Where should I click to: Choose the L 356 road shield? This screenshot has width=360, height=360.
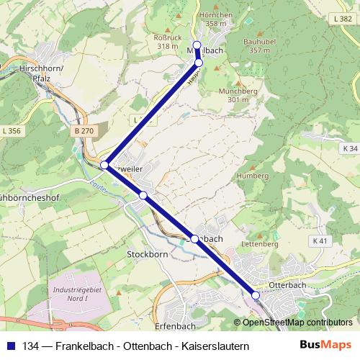pyautogui.click(x=12, y=130)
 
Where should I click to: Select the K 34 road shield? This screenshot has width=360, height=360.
pyautogui.click(x=348, y=148)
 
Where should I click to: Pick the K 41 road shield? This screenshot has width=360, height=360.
pyautogui.click(x=320, y=240)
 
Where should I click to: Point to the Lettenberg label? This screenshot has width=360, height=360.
pyautogui.click(x=261, y=244)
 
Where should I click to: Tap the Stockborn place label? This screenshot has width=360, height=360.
pyautogui.click(x=147, y=254)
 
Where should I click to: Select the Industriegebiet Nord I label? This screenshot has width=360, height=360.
pyautogui.click(x=77, y=294)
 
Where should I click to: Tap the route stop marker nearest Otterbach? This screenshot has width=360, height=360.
pyautogui.click(x=256, y=295)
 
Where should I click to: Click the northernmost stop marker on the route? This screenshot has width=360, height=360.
pyautogui.click(x=197, y=45)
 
